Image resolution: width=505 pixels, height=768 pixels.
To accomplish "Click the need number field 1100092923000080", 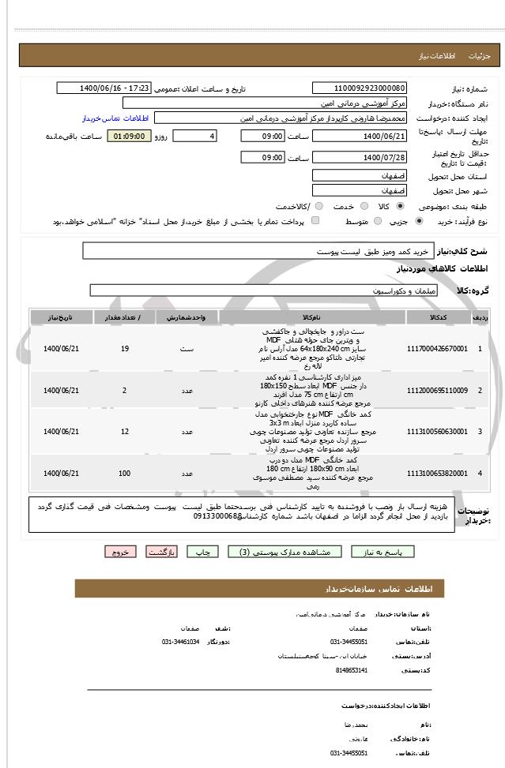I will pyautogui.click(x=360, y=88).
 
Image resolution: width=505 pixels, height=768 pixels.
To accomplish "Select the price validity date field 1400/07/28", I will pyautogui.click(x=360, y=158).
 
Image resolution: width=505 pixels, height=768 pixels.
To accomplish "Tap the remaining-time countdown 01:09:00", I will pyautogui.click(x=128, y=137).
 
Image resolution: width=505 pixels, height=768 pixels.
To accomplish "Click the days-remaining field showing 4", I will pyautogui.click(x=194, y=137).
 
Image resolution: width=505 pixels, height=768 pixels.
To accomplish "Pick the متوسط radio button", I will pyautogui.click(x=377, y=222).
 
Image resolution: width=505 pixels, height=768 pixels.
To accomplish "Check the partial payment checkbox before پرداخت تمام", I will pyautogui.click(x=316, y=222).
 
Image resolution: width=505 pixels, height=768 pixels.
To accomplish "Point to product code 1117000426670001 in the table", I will pyautogui.click(x=436, y=348).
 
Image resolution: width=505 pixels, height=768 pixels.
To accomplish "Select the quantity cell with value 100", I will pyautogui.click(x=124, y=473).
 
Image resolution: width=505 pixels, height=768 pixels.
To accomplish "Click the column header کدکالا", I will pyautogui.click(x=436, y=317).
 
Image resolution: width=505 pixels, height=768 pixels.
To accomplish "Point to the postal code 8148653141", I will pyautogui.click(x=349, y=669).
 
